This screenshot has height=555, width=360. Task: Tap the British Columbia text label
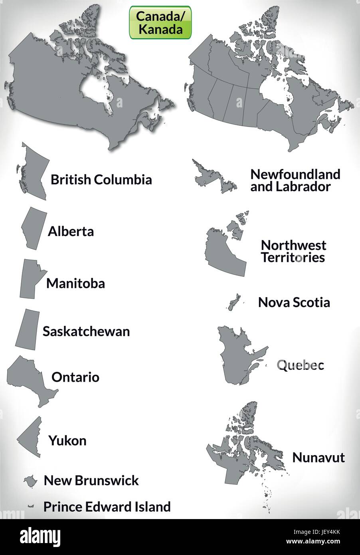tap(101, 180)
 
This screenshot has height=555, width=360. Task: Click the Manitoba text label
tap(75, 283)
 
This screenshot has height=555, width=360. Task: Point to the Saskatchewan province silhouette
tap(27, 327)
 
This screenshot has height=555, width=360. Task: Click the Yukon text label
tap(67, 440)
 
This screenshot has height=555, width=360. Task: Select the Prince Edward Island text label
tap(107, 507)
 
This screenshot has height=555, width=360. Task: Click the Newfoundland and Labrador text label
tap(295, 180)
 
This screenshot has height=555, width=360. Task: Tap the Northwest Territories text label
tap(293, 251)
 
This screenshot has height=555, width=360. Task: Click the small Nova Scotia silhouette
tap(232, 302)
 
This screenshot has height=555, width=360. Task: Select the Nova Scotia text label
tap(294, 302)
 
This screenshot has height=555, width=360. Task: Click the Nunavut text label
tap(318, 457)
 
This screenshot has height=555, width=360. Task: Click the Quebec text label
tap(300, 365)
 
